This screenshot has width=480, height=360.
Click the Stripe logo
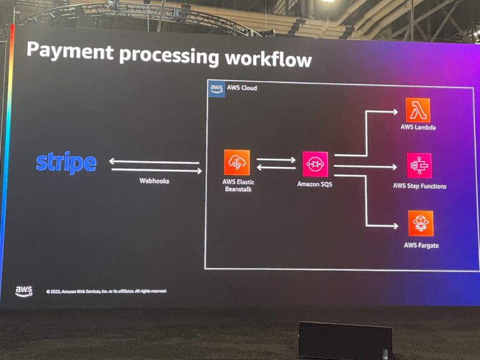click(x=66, y=162)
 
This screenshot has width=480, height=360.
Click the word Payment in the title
click(x=69, y=51)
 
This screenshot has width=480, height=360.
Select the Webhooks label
click(x=154, y=181)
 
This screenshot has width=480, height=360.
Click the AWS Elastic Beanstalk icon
click(x=237, y=162)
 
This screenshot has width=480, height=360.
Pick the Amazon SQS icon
click(x=315, y=164)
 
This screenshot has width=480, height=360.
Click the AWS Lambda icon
click(x=417, y=110)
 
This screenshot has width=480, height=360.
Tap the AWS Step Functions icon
click(x=419, y=166)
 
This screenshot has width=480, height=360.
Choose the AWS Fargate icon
click(x=421, y=223)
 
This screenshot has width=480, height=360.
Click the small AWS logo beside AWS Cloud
click(x=216, y=89)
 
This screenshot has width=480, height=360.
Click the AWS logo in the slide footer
click(x=24, y=291)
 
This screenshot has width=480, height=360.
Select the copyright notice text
click(x=106, y=291)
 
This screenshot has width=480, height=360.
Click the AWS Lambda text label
click(x=418, y=127)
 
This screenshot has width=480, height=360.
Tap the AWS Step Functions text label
click(x=419, y=186)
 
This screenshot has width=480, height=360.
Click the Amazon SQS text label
click(x=315, y=184)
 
